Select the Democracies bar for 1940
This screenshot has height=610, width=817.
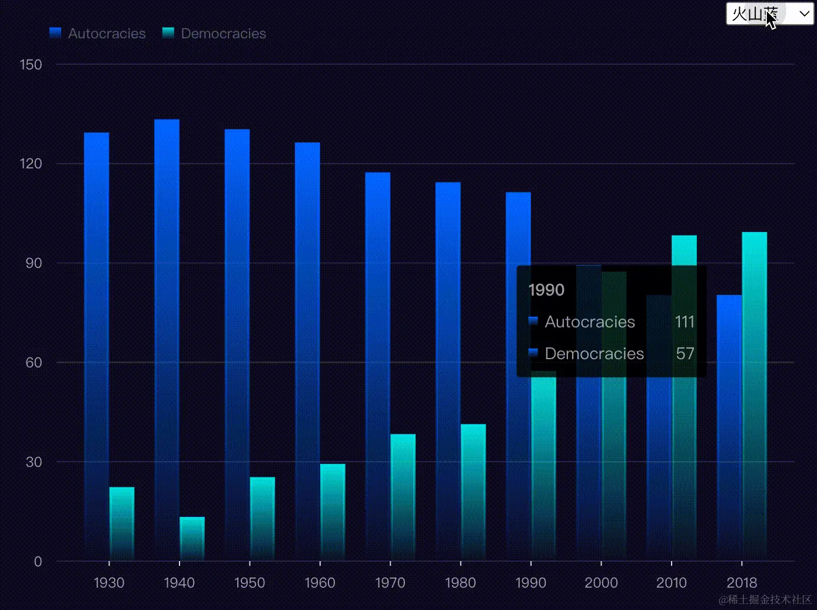click(x=192, y=539)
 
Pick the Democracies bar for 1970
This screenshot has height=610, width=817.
click(x=403, y=497)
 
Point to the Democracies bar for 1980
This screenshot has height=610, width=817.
click(x=473, y=492)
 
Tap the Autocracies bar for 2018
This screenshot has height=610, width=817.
click(x=729, y=427)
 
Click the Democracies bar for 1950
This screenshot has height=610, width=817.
click(x=263, y=518)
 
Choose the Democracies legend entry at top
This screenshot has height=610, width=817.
click(x=214, y=34)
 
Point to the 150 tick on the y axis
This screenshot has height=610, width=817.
click(x=31, y=65)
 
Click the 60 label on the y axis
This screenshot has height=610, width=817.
click(x=34, y=363)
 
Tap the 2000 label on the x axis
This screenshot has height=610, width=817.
click(x=601, y=583)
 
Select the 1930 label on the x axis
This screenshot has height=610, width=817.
click(x=109, y=583)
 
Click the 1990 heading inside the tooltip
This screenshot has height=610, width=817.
click(x=546, y=290)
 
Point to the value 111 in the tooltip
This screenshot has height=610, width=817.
click(x=685, y=321)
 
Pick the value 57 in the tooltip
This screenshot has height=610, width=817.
click(x=685, y=353)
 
